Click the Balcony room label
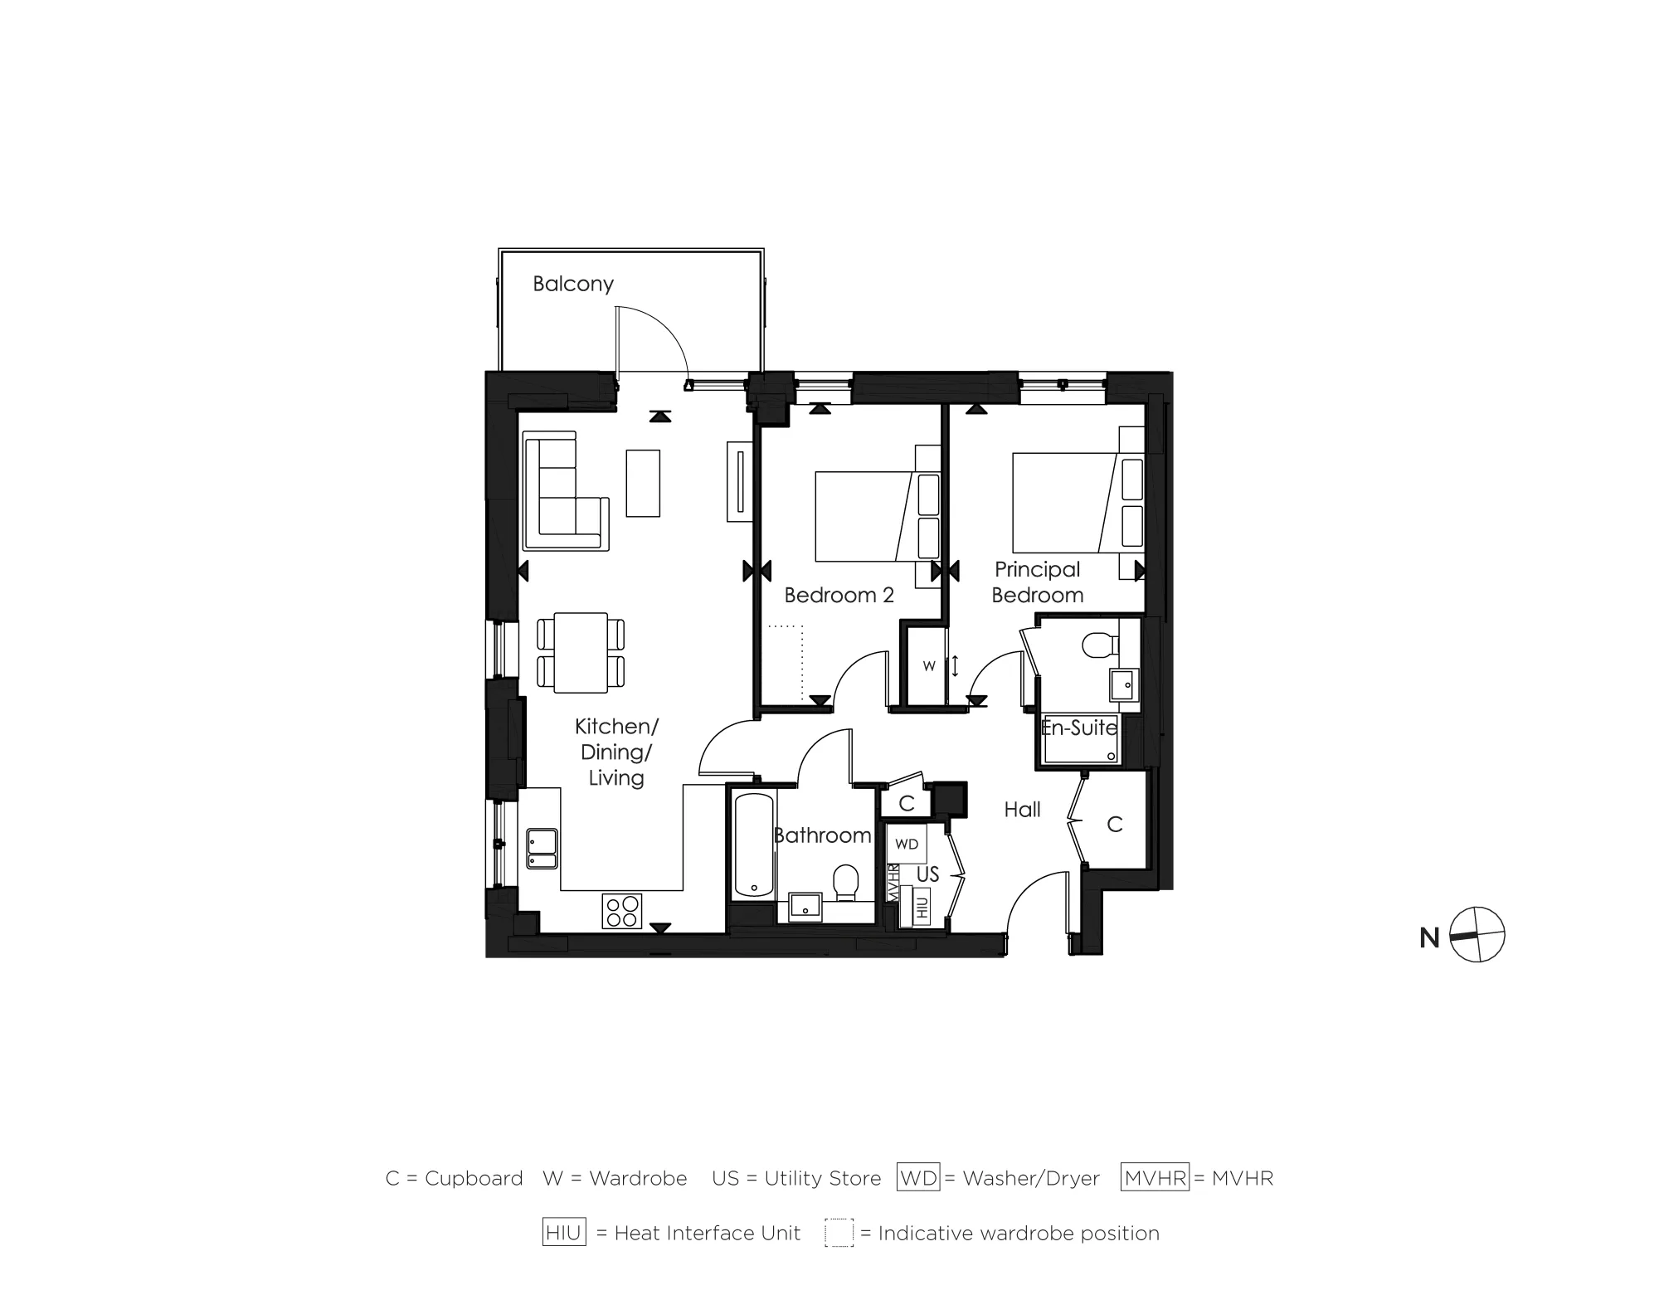(x=573, y=285)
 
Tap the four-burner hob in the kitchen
(x=621, y=911)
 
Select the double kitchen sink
(x=541, y=849)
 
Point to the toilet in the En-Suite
(x=1100, y=645)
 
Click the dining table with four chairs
(x=581, y=652)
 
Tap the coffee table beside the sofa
(x=643, y=483)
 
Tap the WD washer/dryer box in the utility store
(x=907, y=844)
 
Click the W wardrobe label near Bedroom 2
(x=929, y=666)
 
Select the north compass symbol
(x=1477, y=935)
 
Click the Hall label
(x=1022, y=810)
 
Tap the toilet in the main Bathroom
(x=846, y=883)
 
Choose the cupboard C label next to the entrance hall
(x=1114, y=825)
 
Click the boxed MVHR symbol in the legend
(x=1155, y=1178)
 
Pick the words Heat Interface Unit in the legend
(x=707, y=1234)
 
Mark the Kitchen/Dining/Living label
(x=616, y=752)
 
